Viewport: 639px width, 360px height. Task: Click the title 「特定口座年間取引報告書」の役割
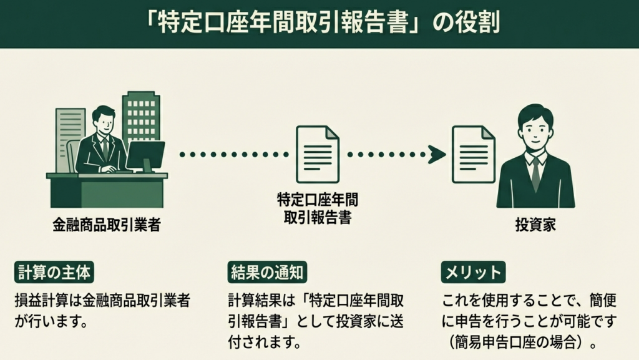(x=319, y=24)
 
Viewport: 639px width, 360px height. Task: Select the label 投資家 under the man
(x=535, y=225)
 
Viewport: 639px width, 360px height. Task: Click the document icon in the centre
(x=318, y=154)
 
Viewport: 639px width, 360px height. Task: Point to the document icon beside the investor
(x=474, y=154)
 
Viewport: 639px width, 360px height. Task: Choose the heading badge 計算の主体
(x=54, y=272)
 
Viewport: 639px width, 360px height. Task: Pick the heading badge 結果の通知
(x=267, y=272)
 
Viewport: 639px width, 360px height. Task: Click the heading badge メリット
(x=472, y=272)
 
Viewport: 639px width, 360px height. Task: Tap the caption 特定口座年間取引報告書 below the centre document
(x=318, y=208)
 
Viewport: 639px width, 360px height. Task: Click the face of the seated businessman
(x=104, y=122)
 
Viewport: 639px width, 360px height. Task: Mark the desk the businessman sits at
(x=106, y=190)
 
